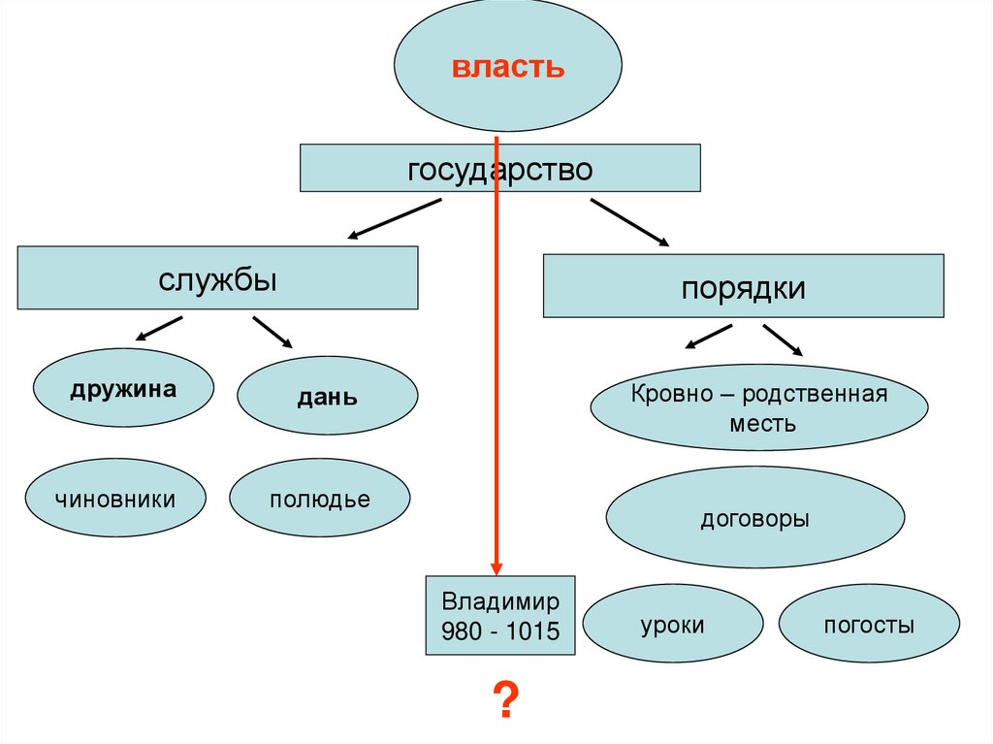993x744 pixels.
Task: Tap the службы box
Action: (x=217, y=279)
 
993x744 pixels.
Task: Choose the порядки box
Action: (x=743, y=287)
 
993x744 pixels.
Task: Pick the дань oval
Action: (x=328, y=398)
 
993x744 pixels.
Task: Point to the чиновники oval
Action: (x=115, y=500)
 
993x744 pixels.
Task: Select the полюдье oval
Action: (x=320, y=500)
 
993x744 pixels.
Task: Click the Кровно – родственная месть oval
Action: (x=759, y=408)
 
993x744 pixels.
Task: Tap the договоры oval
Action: (x=755, y=519)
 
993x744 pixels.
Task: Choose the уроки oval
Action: (x=672, y=626)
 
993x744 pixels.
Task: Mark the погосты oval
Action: (x=869, y=626)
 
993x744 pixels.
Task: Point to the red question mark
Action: (x=503, y=698)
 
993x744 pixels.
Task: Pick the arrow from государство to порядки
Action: (x=630, y=221)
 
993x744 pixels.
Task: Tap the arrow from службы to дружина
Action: (x=159, y=328)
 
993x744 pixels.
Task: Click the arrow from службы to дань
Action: (x=272, y=332)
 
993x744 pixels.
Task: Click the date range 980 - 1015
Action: (x=500, y=631)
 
